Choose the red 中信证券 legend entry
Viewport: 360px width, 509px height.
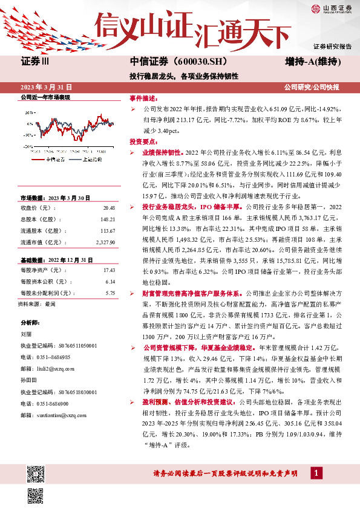pyautogui.click(x=55, y=159)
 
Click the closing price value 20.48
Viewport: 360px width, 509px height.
pyautogui.click(x=109, y=207)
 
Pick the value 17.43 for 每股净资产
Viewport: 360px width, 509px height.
pyautogui.click(x=109, y=270)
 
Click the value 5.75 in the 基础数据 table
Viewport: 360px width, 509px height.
pyautogui.click(x=110, y=293)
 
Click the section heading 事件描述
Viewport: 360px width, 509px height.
pyautogui.click(x=144, y=97)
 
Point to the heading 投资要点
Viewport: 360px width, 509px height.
pyautogui.click(x=144, y=140)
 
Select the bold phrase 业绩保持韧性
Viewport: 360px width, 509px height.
pyautogui.click(x=162, y=152)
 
